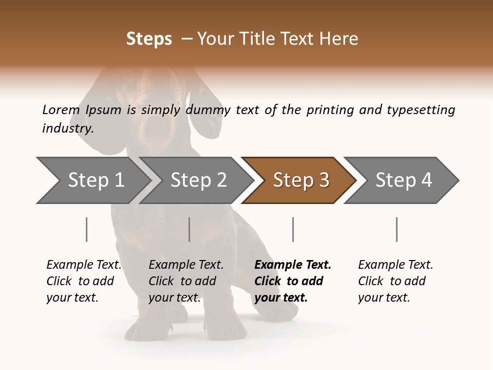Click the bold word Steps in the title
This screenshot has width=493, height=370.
(149, 39)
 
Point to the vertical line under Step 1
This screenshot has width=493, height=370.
(87, 229)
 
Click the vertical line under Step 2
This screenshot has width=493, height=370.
(189, 229)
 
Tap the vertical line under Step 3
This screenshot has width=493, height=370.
(293, 229)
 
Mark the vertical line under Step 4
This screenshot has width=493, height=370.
(397, 229)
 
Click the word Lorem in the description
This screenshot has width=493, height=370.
(61, 109)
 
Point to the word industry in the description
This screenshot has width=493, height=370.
(68, 128)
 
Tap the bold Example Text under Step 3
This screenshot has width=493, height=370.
(293, 265)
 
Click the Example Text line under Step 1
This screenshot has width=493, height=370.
(84, 265)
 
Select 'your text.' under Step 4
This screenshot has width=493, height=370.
(384, 298)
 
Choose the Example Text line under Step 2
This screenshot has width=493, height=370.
(186, 265)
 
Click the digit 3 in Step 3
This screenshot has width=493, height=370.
(324, 180)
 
